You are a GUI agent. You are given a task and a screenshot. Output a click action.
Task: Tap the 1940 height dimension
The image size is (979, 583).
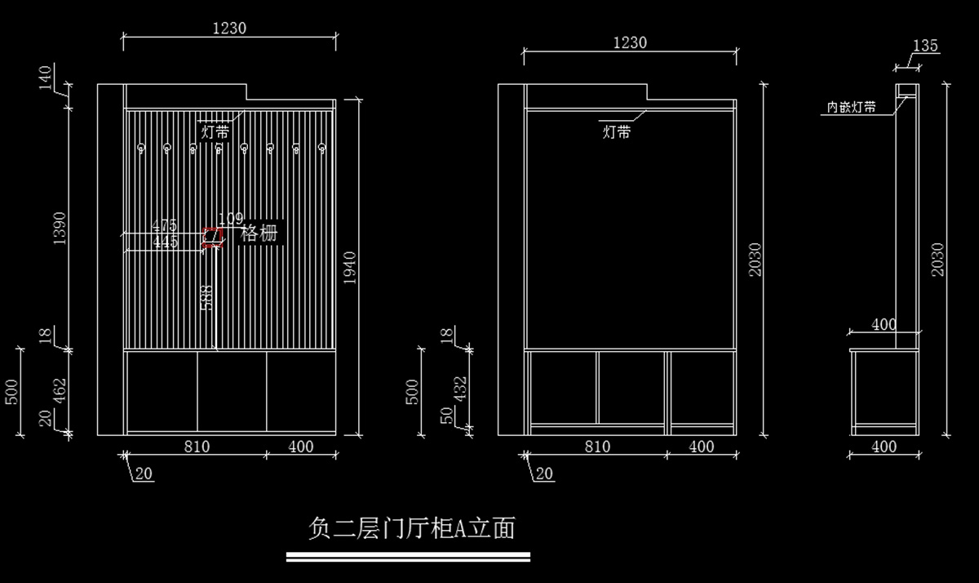[x=350, y=267]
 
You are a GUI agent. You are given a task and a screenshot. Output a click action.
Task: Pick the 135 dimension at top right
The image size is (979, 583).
[x=925, y=46]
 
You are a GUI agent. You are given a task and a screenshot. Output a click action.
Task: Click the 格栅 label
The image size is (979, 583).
[x=259, y=234]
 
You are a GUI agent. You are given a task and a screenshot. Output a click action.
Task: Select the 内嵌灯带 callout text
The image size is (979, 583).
[x=852, y=107]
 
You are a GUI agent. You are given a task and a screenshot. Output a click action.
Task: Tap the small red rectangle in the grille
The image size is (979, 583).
[x=213, y=237]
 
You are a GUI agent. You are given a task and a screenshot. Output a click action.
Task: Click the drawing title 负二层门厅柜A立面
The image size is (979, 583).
[x=411, y=528]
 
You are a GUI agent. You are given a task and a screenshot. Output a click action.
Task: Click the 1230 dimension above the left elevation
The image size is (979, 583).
[x=229, y=28]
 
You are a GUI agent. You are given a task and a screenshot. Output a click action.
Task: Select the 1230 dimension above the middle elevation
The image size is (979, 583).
[x=630, y=42]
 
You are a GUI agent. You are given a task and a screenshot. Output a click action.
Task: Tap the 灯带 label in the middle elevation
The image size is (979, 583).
[x=616, y=131]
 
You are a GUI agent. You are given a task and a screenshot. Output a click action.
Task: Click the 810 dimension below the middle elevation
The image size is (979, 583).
[x=597, y=447]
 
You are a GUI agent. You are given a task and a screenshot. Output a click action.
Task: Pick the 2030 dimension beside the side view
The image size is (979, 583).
[x=937, y=259]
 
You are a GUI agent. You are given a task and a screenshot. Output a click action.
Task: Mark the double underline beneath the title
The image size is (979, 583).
[x=408, y=557]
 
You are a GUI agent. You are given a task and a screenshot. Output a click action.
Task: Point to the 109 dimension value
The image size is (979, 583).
[x=231, y=219]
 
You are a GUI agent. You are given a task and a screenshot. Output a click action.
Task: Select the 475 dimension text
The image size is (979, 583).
[x=165, y=225]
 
